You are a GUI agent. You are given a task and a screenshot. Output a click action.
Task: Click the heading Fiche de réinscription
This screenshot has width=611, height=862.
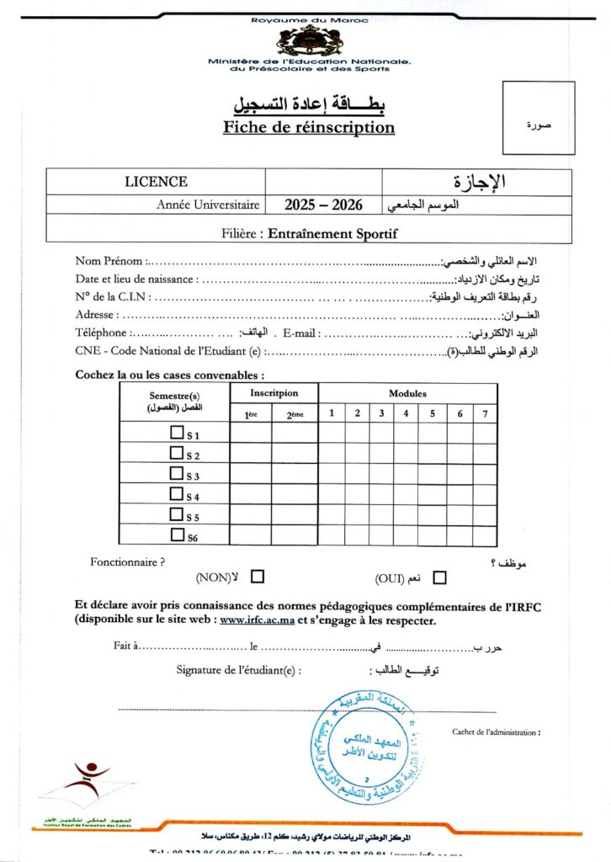point(308,128)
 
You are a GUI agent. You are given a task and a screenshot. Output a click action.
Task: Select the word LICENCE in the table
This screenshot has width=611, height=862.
point(156,182)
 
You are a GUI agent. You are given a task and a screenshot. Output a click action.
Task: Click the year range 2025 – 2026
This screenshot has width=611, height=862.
point(323,205)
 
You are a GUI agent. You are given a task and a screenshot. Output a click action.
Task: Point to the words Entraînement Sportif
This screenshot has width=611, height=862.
point(332,235)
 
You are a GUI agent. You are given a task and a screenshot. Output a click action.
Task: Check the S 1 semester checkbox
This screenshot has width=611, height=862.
point(177,433)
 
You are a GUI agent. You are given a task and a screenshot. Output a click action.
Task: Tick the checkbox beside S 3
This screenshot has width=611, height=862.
point(177,474)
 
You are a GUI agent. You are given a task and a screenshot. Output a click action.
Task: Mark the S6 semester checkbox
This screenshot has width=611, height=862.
point(177,534)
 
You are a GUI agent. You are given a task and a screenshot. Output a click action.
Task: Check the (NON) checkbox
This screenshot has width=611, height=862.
point(258,577)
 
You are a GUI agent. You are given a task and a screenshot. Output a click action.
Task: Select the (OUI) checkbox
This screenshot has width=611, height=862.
point(439,577)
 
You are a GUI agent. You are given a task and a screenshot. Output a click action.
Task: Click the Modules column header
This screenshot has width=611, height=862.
point(407,393)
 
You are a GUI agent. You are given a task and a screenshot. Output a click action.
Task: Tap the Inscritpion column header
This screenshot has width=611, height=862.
point(274,393)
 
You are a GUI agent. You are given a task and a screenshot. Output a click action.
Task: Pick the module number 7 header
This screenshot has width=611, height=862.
point(484,412)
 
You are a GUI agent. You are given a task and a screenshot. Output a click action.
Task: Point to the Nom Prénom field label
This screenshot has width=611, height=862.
point(109,261)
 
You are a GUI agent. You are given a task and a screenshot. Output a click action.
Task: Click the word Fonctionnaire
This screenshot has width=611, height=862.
point(127,561)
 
